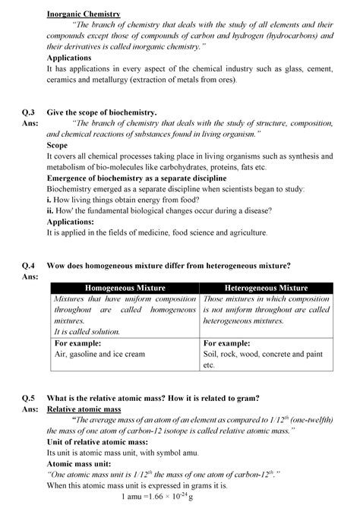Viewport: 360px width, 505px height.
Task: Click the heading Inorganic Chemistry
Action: (x=84, y=14)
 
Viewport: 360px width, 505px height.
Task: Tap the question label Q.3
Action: (x=29, y=112)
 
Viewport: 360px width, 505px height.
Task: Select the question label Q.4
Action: (x=29, y=265)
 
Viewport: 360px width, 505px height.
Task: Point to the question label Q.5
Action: (x=29, y=398)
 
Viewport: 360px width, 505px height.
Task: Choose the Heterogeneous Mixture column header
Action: (x=267, y=289)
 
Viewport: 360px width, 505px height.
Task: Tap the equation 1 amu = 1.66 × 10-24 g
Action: (x=158, y=496)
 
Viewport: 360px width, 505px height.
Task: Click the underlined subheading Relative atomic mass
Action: (x=84, y=409)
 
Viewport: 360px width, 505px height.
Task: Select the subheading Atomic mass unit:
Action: (x=79, y=463)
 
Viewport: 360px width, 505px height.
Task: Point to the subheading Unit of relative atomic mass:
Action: (x=96, y=441)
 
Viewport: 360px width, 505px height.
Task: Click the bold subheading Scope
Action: (x=58, y=145)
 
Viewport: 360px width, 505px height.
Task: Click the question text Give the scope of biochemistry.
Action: (x=102, y=112)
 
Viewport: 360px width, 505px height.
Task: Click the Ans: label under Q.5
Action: (x=30, y=409)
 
